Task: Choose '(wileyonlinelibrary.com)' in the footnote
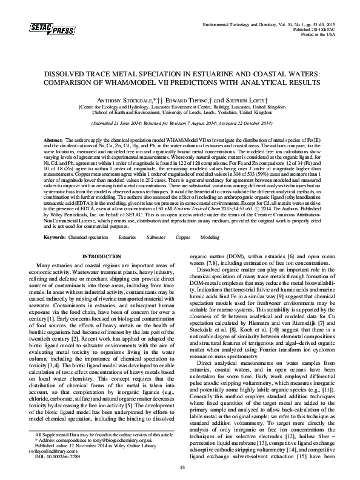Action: [x=66, y=453]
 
